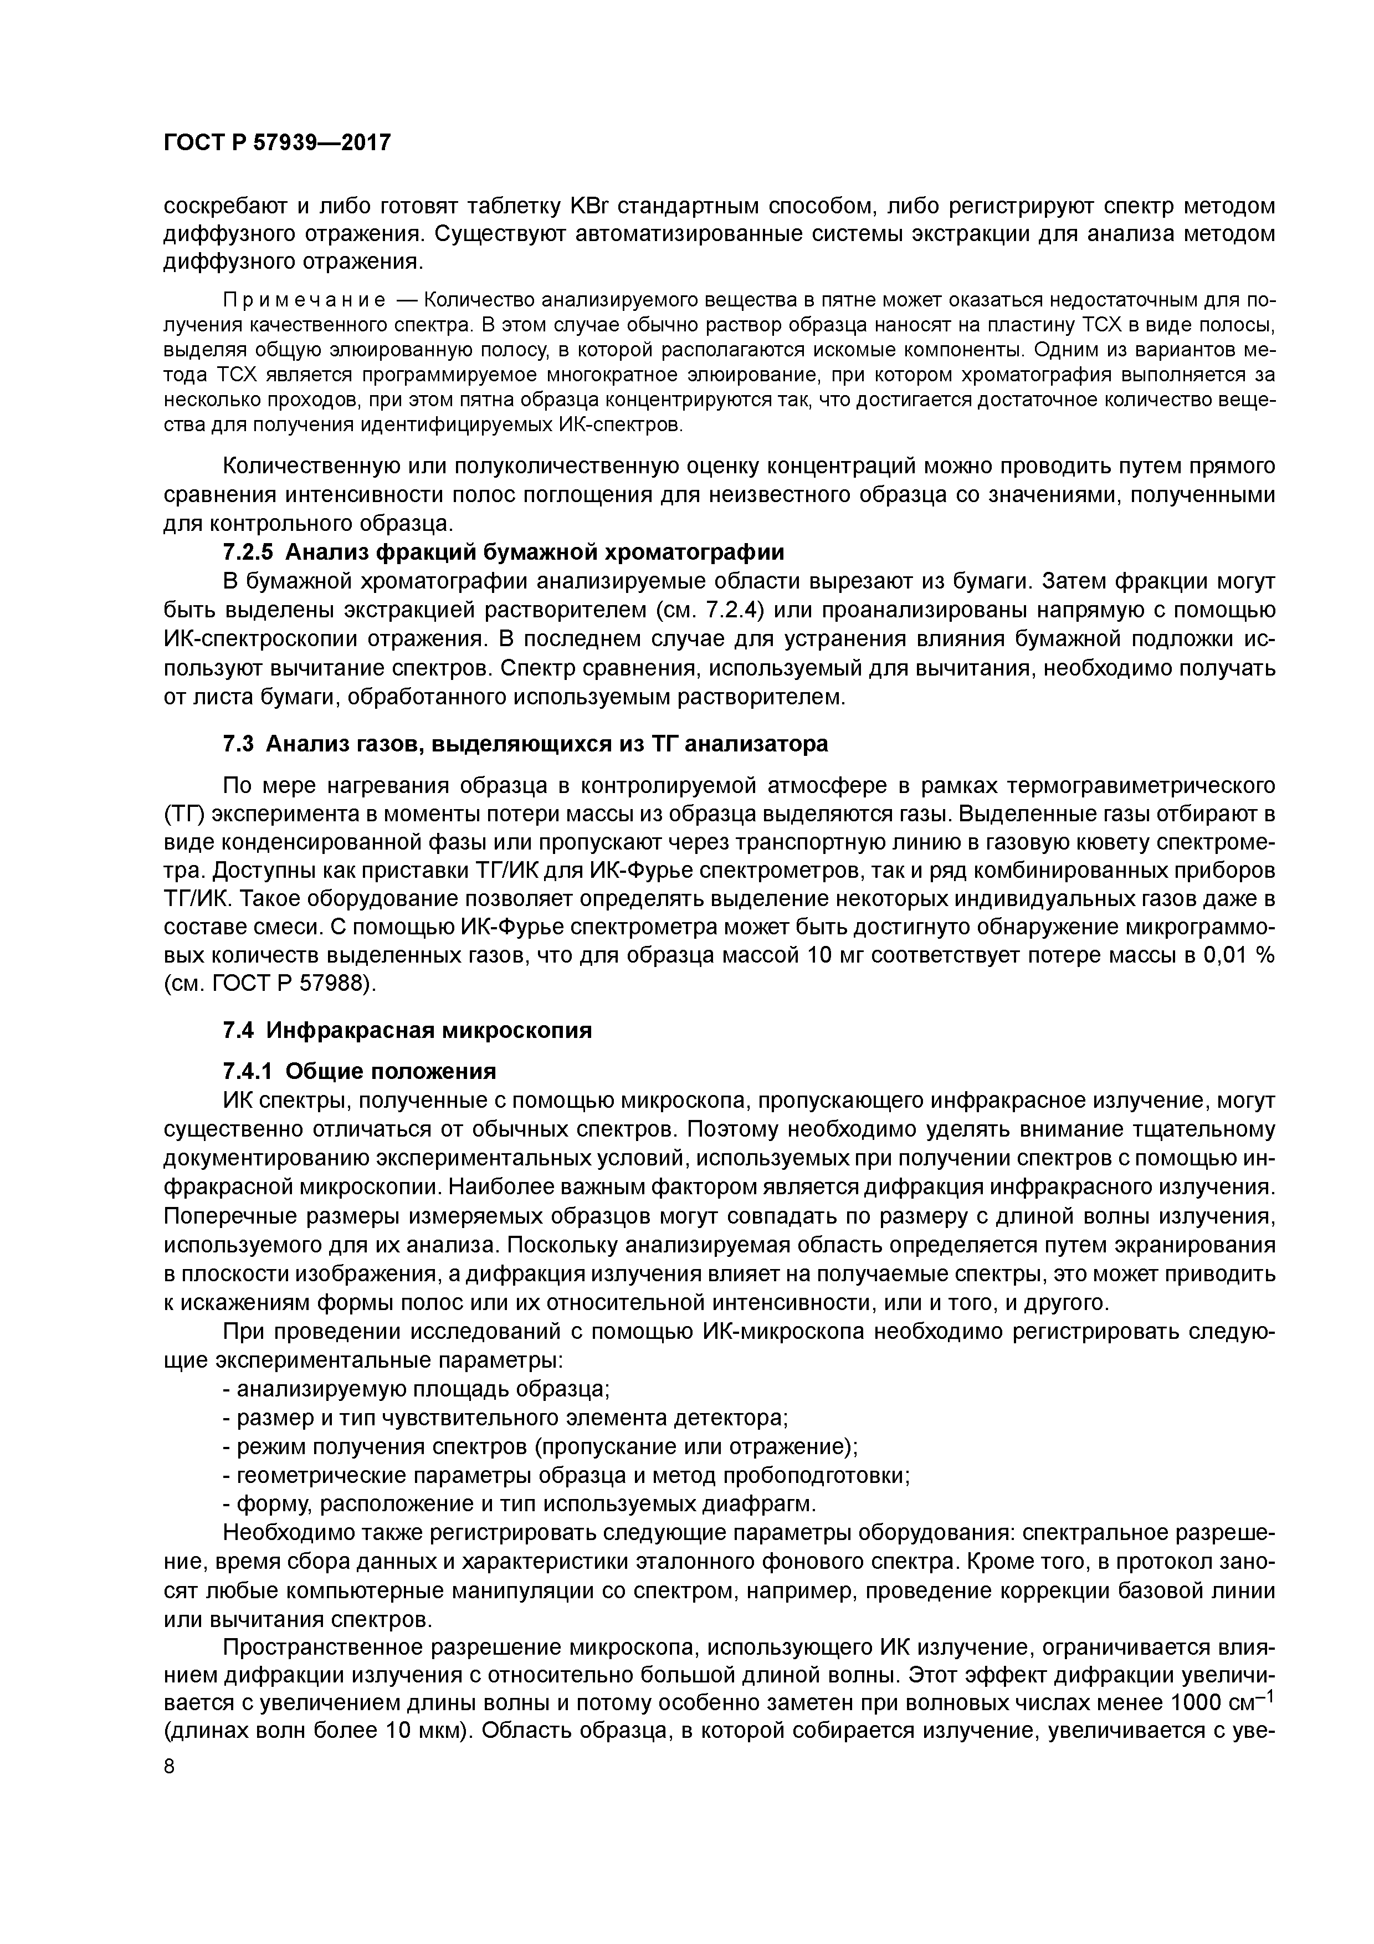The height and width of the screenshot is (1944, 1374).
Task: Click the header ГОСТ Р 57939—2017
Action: [x=277, y=142]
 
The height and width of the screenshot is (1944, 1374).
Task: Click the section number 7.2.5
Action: [x=248, y=552]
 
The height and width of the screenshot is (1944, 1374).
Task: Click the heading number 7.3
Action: [x=239, y=743]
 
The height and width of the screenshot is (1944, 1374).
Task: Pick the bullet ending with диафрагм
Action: [x=519, y=1504]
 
